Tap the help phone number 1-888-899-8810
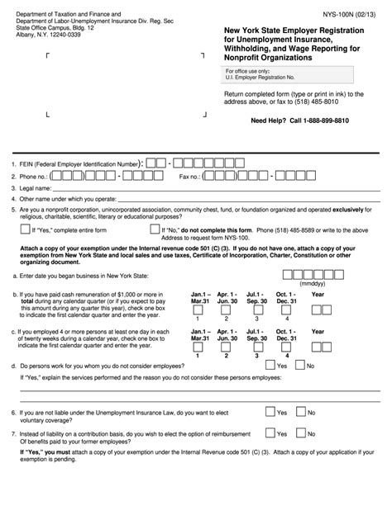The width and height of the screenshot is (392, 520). click(327, 121)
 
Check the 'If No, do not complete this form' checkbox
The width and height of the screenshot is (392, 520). click(155, 230)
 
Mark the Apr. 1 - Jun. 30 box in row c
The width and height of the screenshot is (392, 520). click(227, 350)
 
